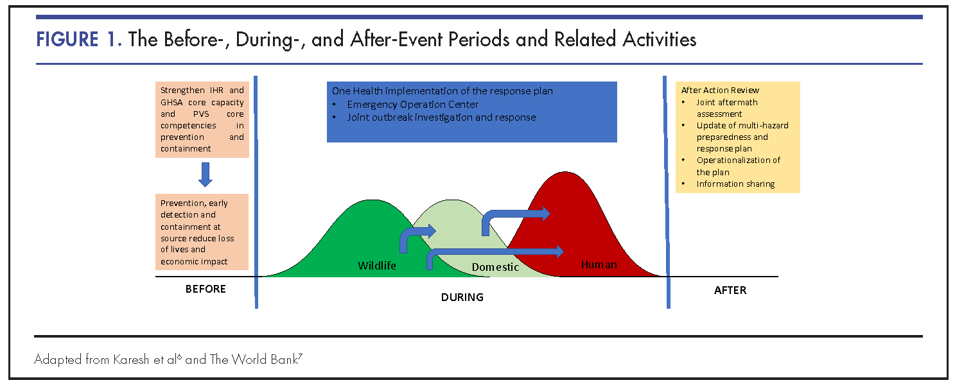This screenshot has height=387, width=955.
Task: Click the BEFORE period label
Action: (206, 289)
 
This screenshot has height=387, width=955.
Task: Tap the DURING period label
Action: (462, 297)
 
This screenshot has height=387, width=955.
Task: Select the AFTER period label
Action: (730, 290)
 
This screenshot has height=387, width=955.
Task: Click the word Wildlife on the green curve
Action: (377, 266)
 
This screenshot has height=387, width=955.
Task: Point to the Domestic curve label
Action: (495, 267)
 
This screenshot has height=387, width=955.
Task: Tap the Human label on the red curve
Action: (599, 264)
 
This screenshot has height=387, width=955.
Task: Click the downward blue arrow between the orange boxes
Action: (206, 175)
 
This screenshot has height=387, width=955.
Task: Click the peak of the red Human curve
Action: (565, 172)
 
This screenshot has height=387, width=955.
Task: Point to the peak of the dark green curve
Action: (372, 200)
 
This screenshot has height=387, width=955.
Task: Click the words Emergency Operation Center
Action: (412, 105)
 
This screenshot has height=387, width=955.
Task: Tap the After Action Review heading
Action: (720, 90)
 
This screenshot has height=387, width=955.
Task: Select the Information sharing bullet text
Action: (735, 184)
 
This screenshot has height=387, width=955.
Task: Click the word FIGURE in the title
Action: (67, 40)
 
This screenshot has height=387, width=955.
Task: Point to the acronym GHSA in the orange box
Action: (171, 102)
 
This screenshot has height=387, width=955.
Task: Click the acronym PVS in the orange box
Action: (201, 114)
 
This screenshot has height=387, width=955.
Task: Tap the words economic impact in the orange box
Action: (194, 261)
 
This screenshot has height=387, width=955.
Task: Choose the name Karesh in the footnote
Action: (131, 359)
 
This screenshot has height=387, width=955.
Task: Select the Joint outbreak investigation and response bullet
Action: (441, 117)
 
